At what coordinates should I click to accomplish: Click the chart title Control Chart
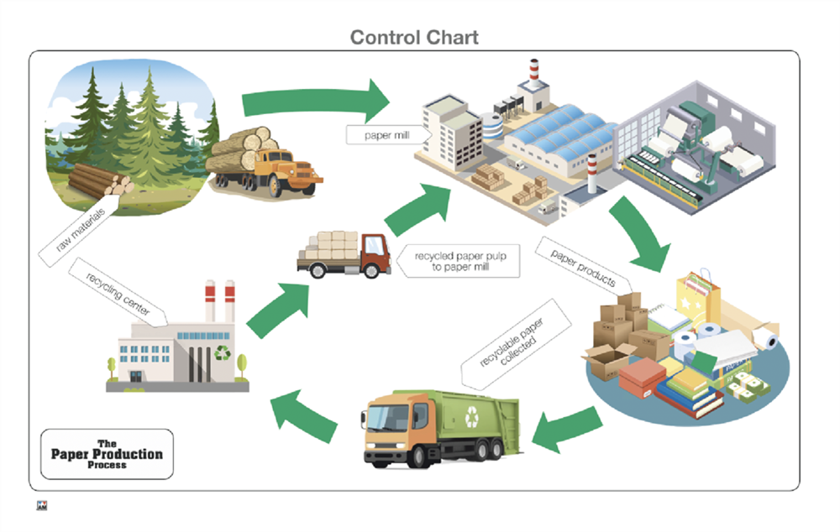(414, 37)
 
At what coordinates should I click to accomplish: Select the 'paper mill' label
(388, 134)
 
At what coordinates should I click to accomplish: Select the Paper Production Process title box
(107, 454)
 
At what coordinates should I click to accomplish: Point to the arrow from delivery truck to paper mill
(417, 208)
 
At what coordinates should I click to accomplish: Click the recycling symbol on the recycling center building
(223, 352)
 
